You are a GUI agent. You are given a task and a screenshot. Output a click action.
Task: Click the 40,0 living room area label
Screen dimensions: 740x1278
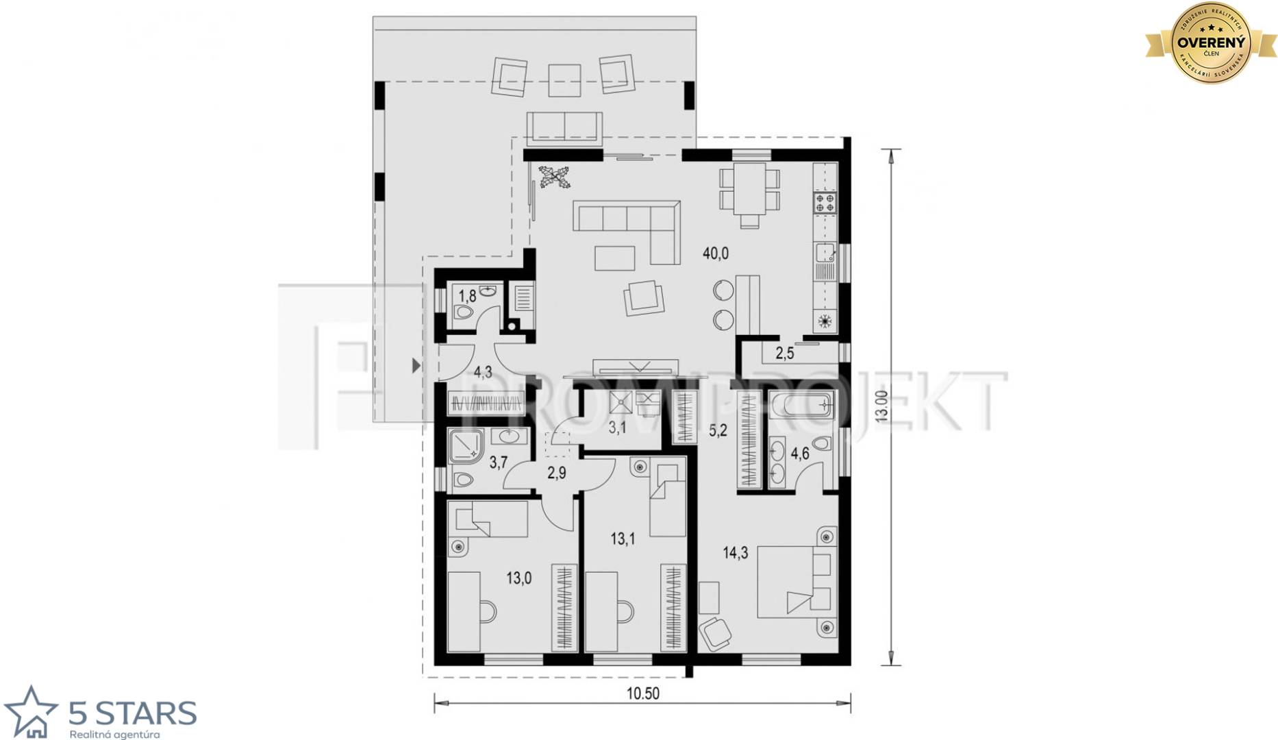[x=716, y=254]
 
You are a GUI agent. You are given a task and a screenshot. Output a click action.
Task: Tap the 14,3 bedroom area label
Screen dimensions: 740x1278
[x=736, y=553]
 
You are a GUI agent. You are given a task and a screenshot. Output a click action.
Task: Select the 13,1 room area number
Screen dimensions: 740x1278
[x=623, y=539]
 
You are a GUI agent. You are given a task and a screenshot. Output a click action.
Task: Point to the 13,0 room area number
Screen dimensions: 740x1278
[x=518, y=578]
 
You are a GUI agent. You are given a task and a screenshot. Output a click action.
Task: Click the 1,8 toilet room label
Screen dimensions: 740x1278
[x=467, y=297]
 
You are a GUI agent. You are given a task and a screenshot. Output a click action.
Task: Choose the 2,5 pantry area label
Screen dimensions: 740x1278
[x=784, y=354]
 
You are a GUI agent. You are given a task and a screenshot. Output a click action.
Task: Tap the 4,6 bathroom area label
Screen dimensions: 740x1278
[x=800, y=453]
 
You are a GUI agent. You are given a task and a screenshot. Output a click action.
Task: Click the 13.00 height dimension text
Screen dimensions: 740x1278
[x=881, y=406]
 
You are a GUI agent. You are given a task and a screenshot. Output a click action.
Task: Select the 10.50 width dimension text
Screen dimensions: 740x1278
[x=642, y=693]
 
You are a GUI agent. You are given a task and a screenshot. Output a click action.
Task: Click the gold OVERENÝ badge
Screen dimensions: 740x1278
[x=1210, y=42]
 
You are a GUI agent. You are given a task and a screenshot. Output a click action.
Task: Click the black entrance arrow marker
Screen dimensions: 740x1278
[x=415, y=365]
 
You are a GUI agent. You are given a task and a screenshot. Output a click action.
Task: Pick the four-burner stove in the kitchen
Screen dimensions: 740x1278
[x=825, y=203]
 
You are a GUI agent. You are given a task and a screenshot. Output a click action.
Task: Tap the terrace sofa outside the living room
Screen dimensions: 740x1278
[x=564, y=127]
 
